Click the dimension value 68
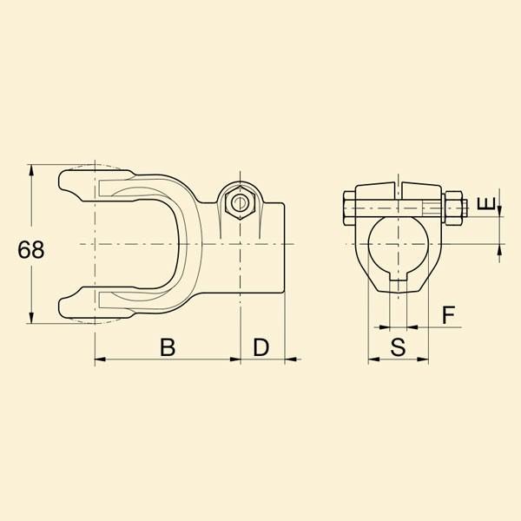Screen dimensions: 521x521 [31, 249]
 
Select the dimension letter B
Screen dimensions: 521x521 [168, 346]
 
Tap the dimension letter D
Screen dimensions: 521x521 [260, 346]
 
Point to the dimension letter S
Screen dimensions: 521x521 [398, 346]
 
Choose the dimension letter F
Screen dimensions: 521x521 [449, 314]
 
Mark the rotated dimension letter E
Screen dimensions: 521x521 [485, 203]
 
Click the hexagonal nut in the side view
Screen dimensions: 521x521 [240, 202]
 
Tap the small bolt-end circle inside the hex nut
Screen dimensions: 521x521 [240, 203]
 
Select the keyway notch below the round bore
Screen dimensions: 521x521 [398, 276]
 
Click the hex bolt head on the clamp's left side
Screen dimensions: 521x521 [348, 208]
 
